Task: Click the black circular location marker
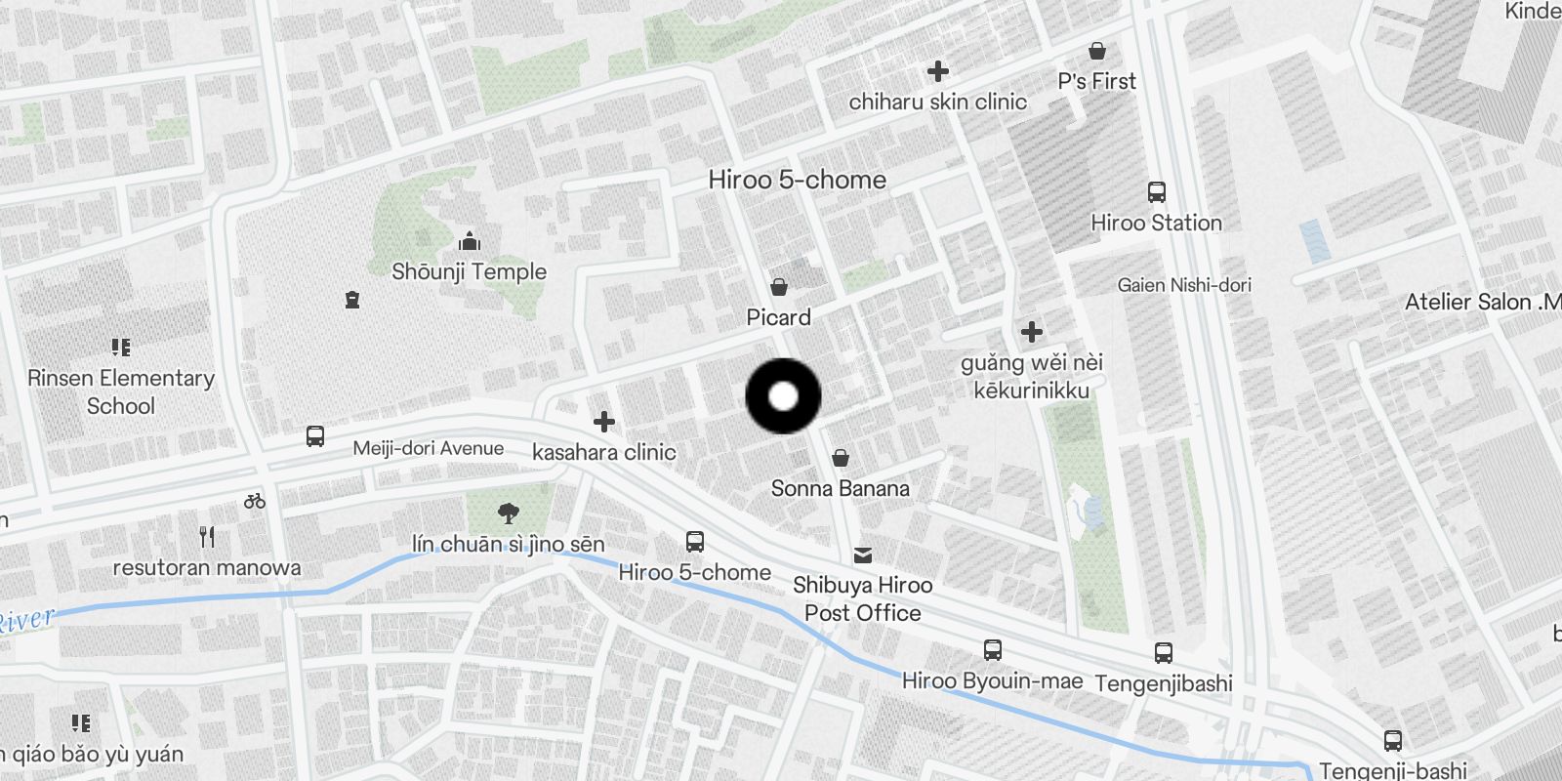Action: pyautogui.click(x=783, y=396)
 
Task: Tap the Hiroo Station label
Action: pyautogui.click(x=1156, y=223)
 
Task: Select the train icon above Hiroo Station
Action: pyautogui.click(x=1157, y=191)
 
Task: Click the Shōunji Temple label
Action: pyautogui.click(x=469, y=271)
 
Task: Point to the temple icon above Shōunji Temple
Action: pyautogui.click(x=470, y=240)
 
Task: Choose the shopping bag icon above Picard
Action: pyautogui.click(x=779, y=286)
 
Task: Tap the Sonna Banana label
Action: pyautogui.click(x=840, y=488)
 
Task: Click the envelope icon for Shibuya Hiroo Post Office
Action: pyautogui.click(x=863, y=555)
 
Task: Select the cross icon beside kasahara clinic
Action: pyautogui.click(x=604, y=422)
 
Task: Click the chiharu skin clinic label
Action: pyautogui.click(x=937, y=102)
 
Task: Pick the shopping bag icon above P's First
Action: pyautogui.click(x=1097, y=51)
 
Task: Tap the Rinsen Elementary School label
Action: pyautogui.click(x=121, y=391)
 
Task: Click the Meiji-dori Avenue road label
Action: pyautogui.click(x=429, y=449)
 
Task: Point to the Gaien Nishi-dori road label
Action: pyautogui.click(x=1184, y=285)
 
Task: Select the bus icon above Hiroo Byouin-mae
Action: pyautogui.click(x=992, y=650)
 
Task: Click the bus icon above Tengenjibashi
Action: pyautogui.click(x=1163, y=653)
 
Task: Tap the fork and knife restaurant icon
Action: pyautogui.click(x=207, y=536)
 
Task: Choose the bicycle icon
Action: pyautogui.click(x=255, y=501)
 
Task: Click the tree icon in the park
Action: pyautogui.click(x=508, y=513)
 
